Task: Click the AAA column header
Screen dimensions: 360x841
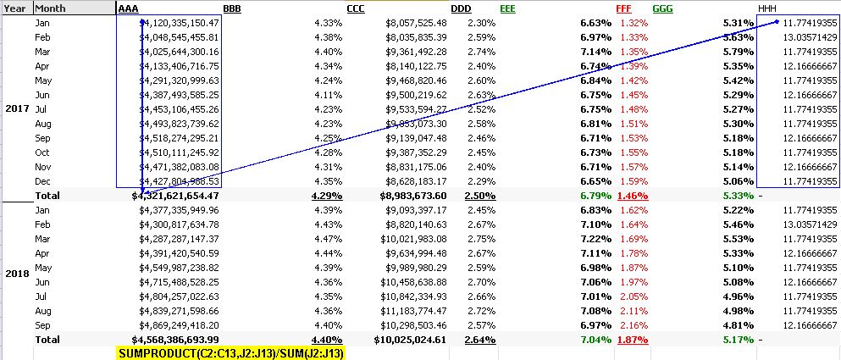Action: (129, 8)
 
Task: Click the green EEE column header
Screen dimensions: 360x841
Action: (507, 8)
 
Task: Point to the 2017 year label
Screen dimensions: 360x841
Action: (17, 109)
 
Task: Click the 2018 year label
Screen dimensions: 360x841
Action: (17, 274)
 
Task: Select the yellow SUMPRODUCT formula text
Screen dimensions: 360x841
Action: (230, 353)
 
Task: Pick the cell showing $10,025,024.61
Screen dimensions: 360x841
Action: (411, 340)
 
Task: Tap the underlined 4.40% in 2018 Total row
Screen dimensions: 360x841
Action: (327, 340)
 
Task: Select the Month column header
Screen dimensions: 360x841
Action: (50, 8)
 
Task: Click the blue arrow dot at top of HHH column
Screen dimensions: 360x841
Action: (777, 21)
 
